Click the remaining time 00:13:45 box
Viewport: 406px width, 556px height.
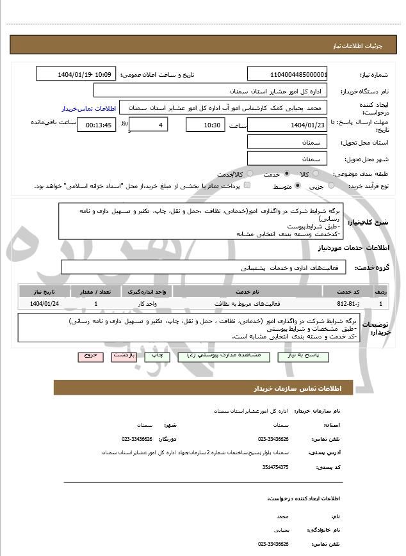(96, 125)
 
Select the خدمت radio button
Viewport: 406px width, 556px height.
(286, 174)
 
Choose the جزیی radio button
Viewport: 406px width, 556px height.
(331, 186)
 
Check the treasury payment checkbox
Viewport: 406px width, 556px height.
(247, 186)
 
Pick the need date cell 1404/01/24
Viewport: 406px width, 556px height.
(45, 303)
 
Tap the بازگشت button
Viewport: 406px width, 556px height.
(124, 355)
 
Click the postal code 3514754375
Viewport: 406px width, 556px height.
(275, 468)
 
